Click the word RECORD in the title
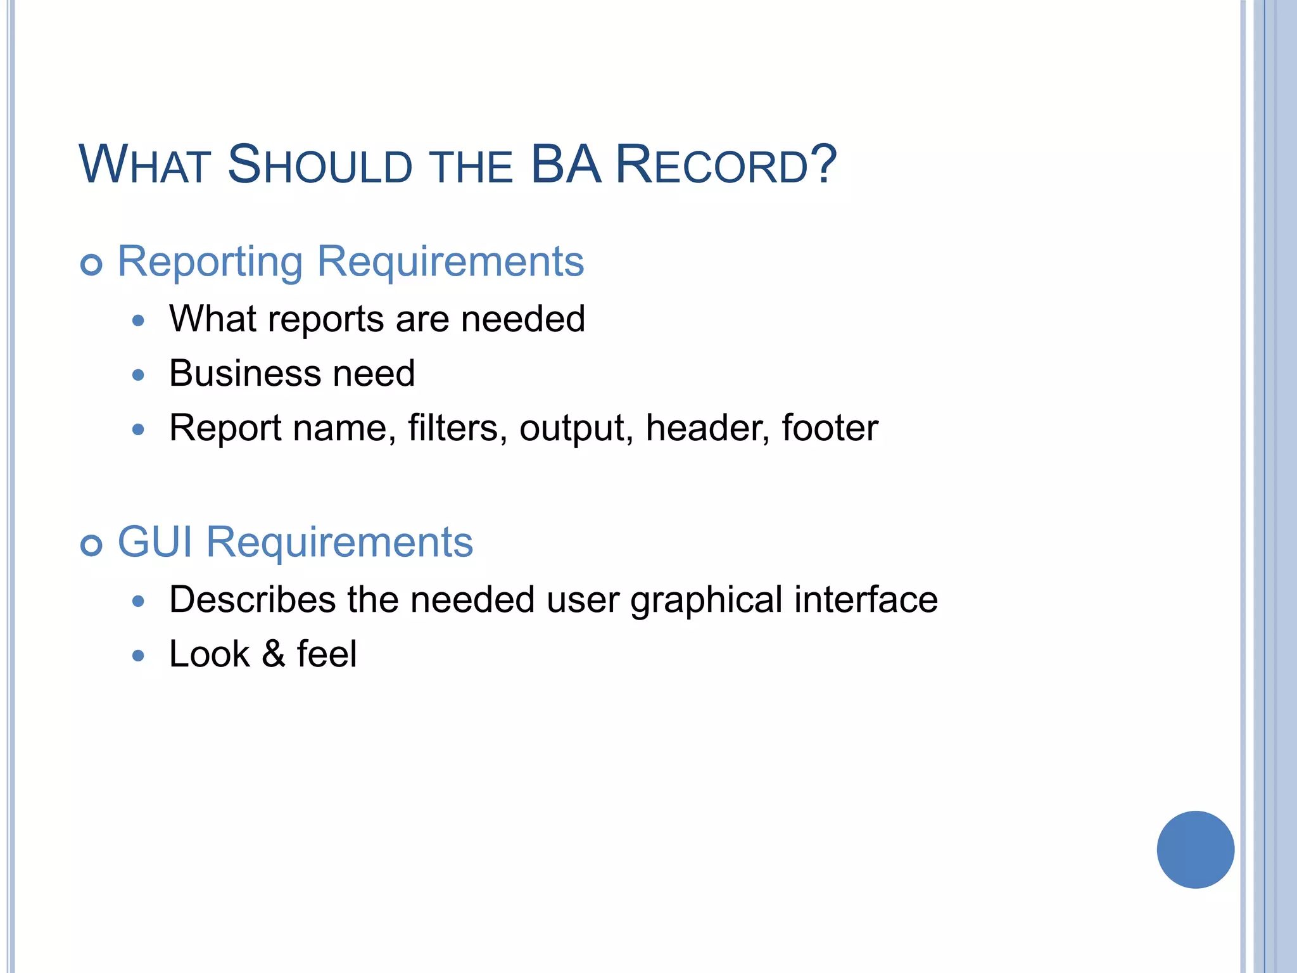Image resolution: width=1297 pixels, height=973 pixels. pos(712,165)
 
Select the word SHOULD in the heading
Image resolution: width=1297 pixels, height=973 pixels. pos(320,165)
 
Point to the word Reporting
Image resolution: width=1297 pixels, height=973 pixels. pos(210,262)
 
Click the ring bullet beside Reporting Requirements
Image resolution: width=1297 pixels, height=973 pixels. pos(92,264)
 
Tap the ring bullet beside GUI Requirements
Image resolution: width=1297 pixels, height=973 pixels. pos(92,545)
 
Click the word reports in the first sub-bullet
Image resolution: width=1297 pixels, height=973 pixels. pos(326,320)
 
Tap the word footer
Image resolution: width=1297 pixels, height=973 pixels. pos(830,428)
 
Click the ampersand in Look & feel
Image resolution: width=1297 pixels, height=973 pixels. pos(273,654)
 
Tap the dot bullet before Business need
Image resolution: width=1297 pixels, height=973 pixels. pos(139,375)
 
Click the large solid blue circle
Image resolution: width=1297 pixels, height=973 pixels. pos(1195,849)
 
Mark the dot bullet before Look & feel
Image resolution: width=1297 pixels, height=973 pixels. pos(139,656)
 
